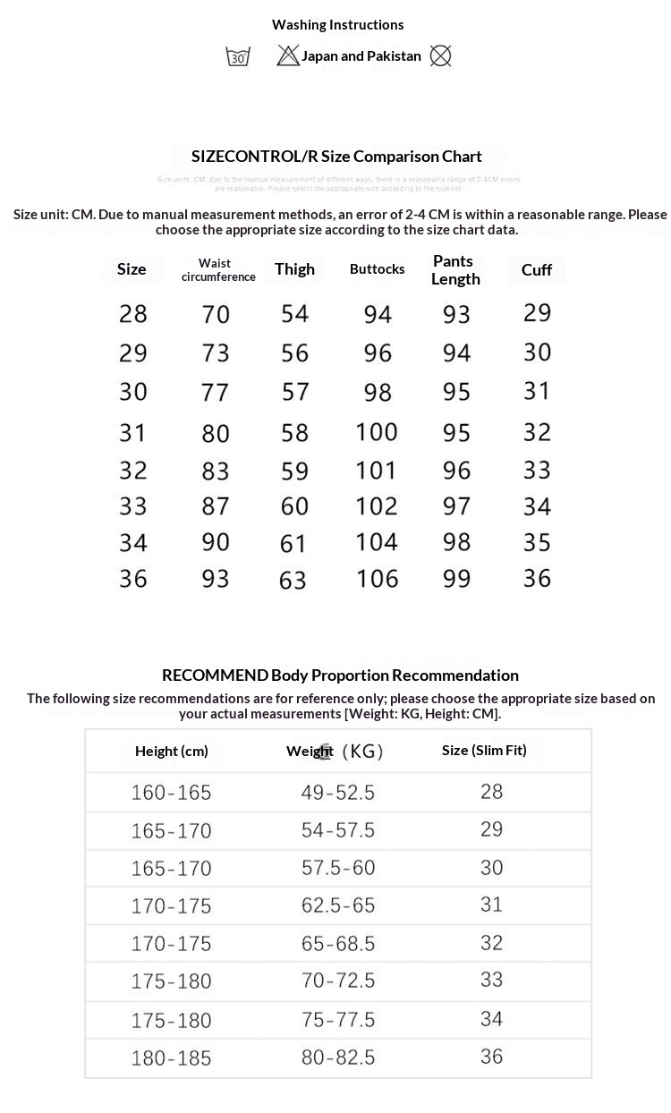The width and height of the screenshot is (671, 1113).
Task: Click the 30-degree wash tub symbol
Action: [x=238, y=56]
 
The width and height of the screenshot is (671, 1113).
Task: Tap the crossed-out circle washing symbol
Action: [x=440, y=56]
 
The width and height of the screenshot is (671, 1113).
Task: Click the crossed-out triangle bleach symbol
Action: [x=288, y=56]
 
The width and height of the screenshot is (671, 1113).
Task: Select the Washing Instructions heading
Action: [x=338, y=25]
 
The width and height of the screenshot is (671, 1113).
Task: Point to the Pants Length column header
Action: [x=455, y=270]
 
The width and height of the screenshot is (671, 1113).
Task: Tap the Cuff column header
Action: [x=537, y=270]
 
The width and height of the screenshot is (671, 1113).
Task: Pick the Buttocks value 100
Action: [x=377, y=432]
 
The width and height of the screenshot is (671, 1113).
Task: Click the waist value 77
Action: [x=216, y=392]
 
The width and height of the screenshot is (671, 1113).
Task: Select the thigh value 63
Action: [x=293, y=581]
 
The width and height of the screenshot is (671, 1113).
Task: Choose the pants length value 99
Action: [x=456, y=579]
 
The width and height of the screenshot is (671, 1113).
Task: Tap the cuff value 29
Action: [x=537, y=313]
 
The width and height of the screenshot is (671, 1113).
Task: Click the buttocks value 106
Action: [x=377, y=579]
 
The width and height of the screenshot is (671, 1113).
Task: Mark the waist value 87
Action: [x=216, y=506]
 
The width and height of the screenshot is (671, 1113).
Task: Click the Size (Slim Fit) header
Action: [x=484, y=751]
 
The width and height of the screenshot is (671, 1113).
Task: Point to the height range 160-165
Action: [x=171, y=793]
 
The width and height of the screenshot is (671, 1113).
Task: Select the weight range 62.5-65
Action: [x=338, y=905]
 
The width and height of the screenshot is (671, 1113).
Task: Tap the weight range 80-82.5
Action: [x=338, y=1058]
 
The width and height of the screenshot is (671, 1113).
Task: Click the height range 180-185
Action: [x=171, y=1058]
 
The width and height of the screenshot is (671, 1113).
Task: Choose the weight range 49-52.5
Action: [x=338, y=793]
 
